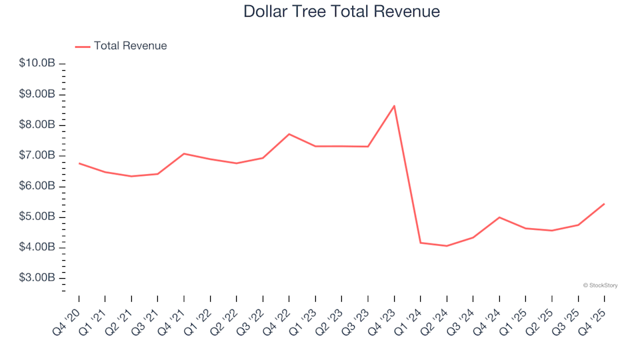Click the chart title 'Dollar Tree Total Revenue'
(341, 12)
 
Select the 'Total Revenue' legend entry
(130, 46)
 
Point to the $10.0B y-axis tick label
(37, 63)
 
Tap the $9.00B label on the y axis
(37, 94)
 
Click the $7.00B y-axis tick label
(37, 155)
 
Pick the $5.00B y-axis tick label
(37, 217)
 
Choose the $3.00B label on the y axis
(37, 278)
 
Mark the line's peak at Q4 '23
(394, 105)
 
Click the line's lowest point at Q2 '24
(447, 246)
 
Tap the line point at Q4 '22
(289, 134)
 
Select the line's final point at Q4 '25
(604, 204)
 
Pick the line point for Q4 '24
(499, 217)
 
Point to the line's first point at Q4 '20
(79, 163)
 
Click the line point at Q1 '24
(421, 243)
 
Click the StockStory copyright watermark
(600, 285)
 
